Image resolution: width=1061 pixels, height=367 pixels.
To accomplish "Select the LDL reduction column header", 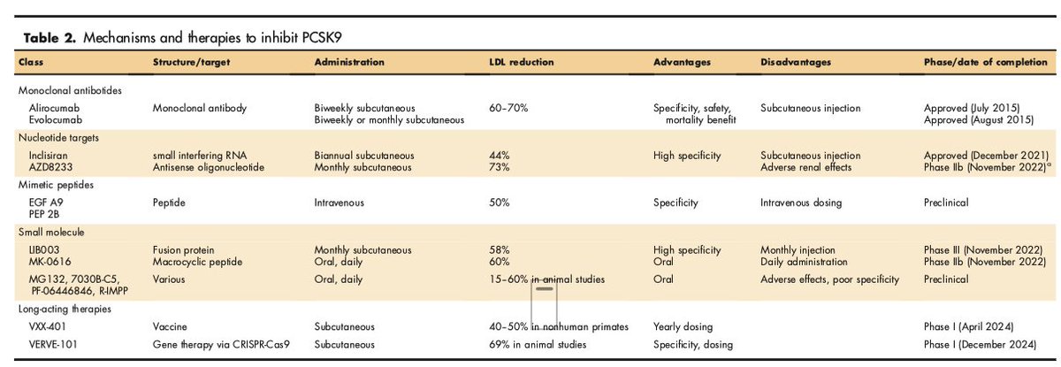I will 522,63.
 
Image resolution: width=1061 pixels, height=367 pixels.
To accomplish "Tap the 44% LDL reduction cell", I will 500,156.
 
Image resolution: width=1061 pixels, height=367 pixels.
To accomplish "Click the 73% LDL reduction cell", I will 500,167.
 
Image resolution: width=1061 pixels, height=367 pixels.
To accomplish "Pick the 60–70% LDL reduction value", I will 508,108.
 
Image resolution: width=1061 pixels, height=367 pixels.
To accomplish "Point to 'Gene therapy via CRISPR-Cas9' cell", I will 215,344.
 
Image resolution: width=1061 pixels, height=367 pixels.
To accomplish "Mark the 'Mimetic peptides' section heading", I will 53,185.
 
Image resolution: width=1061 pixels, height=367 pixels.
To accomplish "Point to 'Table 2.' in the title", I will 41,37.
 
